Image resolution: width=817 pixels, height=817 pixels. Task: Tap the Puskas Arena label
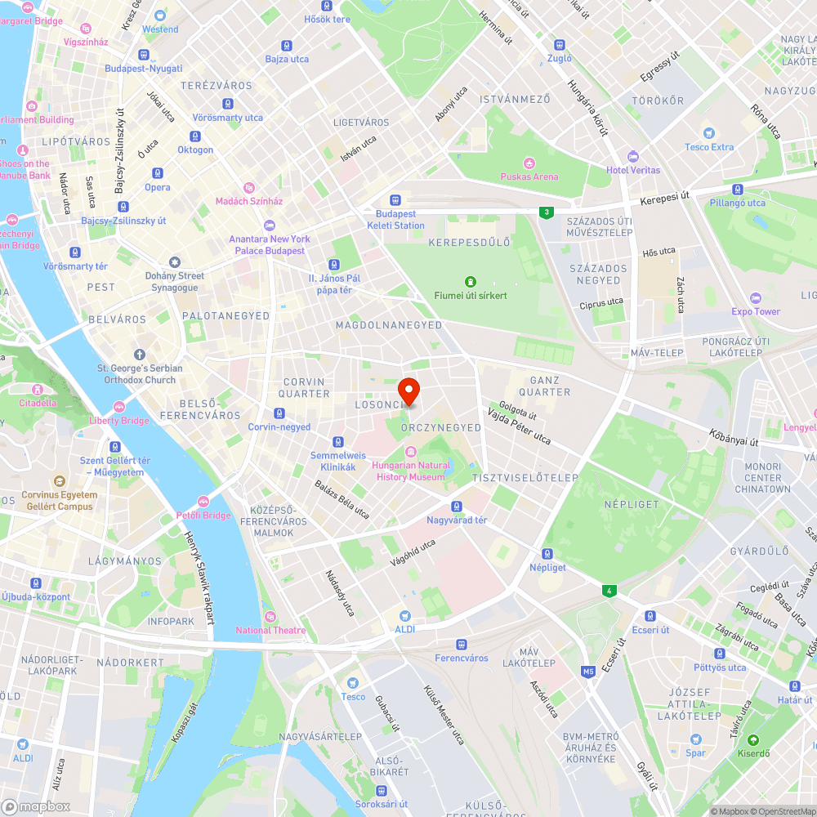coord(529,176)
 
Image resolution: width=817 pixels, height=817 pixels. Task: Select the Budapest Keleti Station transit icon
coord(395,199)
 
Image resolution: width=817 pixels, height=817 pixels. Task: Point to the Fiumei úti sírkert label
coord(470,295)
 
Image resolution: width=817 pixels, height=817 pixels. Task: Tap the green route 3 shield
coord(545,212)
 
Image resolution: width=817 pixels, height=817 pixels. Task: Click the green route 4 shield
coord(608,590)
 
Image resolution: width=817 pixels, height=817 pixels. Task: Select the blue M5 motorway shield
coord(588,672)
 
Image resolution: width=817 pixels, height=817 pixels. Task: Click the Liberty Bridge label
coord(119,421)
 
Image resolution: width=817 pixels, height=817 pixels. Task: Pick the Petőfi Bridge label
coord(203,516)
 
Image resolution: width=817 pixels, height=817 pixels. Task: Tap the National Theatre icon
coord(270,616)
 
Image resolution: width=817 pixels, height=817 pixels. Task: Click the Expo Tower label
coord(756,311)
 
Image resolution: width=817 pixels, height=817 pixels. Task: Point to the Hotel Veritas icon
coord(632,156)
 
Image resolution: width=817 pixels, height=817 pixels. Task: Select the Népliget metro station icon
coord(547,553)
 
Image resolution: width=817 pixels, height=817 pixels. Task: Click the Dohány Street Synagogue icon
coord(173,261)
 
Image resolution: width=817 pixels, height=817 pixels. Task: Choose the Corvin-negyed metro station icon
coord(279,413)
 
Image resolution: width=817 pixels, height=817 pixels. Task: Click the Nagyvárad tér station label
coord(457,520)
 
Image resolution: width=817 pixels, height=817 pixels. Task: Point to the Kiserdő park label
coord(754,753)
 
